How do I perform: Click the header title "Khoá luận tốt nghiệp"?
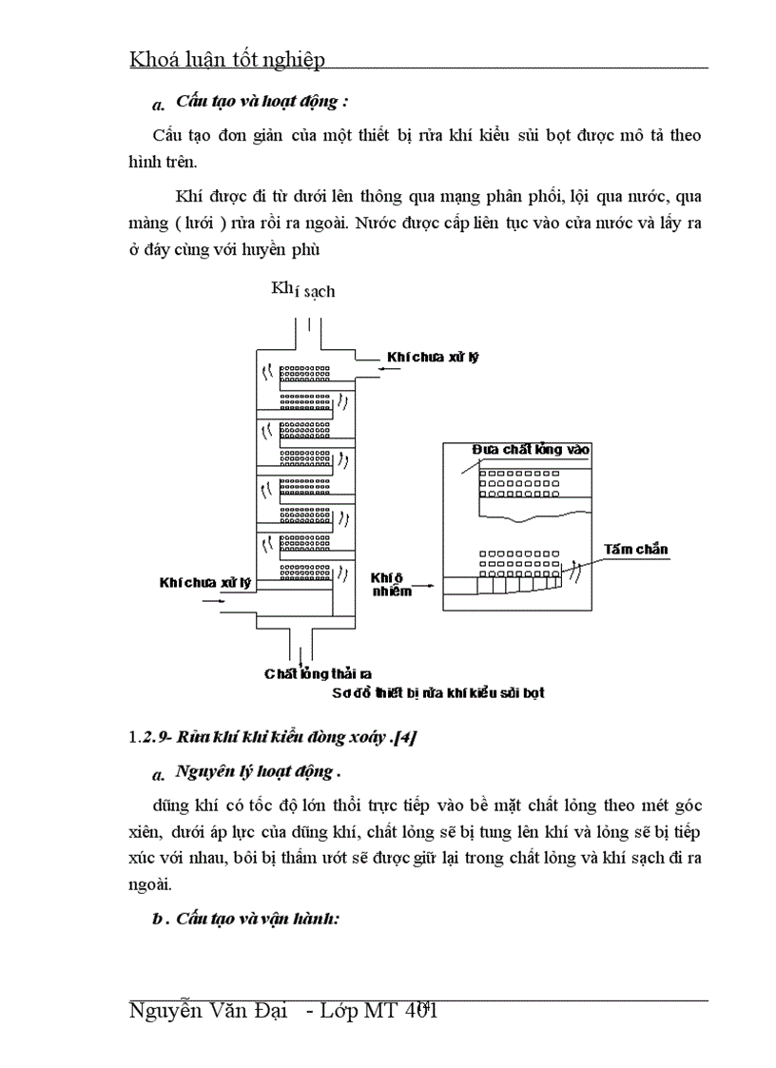(x=227, y=59)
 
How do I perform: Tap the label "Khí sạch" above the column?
(x=303, y=289)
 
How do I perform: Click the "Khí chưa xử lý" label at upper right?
(x=432, y=358)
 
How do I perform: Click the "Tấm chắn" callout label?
(x=635, y=550)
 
